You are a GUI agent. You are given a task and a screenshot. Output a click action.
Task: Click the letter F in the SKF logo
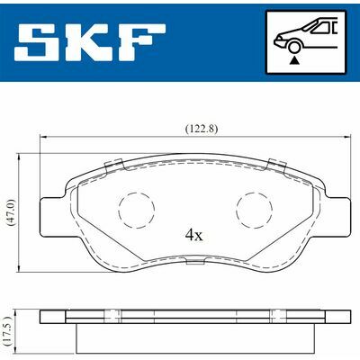pos(143,41)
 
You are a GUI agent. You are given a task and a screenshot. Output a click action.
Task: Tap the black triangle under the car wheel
pos(294,60)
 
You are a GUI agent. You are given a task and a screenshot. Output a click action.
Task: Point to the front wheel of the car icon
pos(294,48)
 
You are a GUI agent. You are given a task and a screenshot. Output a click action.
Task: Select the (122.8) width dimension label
pos(202,129)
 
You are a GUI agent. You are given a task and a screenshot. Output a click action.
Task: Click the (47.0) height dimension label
pos(11,212)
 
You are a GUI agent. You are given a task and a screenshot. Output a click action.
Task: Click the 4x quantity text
pos(194,236)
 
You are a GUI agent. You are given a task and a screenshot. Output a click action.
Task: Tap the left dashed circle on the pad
pos(137,210)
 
